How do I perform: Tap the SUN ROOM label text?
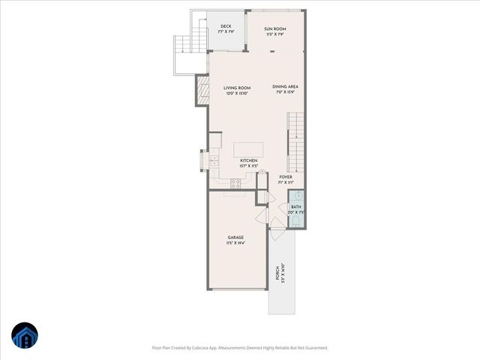coord(275,28)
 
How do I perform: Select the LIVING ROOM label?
coord(236,88)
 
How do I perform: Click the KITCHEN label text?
coord(249,160)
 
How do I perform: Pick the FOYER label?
coord(286,177)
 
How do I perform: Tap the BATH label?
coord(296,206)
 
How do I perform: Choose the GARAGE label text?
coord(236,237)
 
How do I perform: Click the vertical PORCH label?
coord(277,272)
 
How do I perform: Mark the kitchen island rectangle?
coord(248,148)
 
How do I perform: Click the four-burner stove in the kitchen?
coord(235,182)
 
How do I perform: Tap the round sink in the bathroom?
coord(297,196)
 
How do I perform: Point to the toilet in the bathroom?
coord(297,220)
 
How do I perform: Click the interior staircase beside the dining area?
coord(298,141)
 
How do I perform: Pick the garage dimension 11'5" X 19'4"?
coord(236,243)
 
